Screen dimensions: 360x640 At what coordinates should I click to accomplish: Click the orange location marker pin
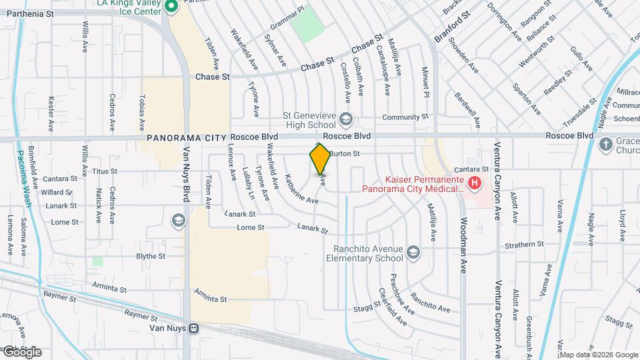[320, 159]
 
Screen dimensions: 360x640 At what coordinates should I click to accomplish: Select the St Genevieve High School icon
[345, 119]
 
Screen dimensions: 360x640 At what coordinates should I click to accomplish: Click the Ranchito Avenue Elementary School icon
[413, 253]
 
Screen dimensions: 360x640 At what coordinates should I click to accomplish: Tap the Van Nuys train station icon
[194, 328]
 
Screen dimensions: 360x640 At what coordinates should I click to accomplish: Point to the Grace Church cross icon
[605, 145]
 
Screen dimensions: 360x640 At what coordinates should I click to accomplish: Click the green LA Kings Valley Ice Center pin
[171, 7]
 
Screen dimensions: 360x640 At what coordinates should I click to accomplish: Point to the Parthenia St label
[27, 13]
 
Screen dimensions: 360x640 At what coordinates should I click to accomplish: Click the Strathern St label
[524, 245]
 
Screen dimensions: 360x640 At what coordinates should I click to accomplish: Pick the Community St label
[405, 117]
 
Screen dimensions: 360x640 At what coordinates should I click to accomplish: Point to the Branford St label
[452, 26]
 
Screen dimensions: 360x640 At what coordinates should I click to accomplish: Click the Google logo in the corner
[22, 352]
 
